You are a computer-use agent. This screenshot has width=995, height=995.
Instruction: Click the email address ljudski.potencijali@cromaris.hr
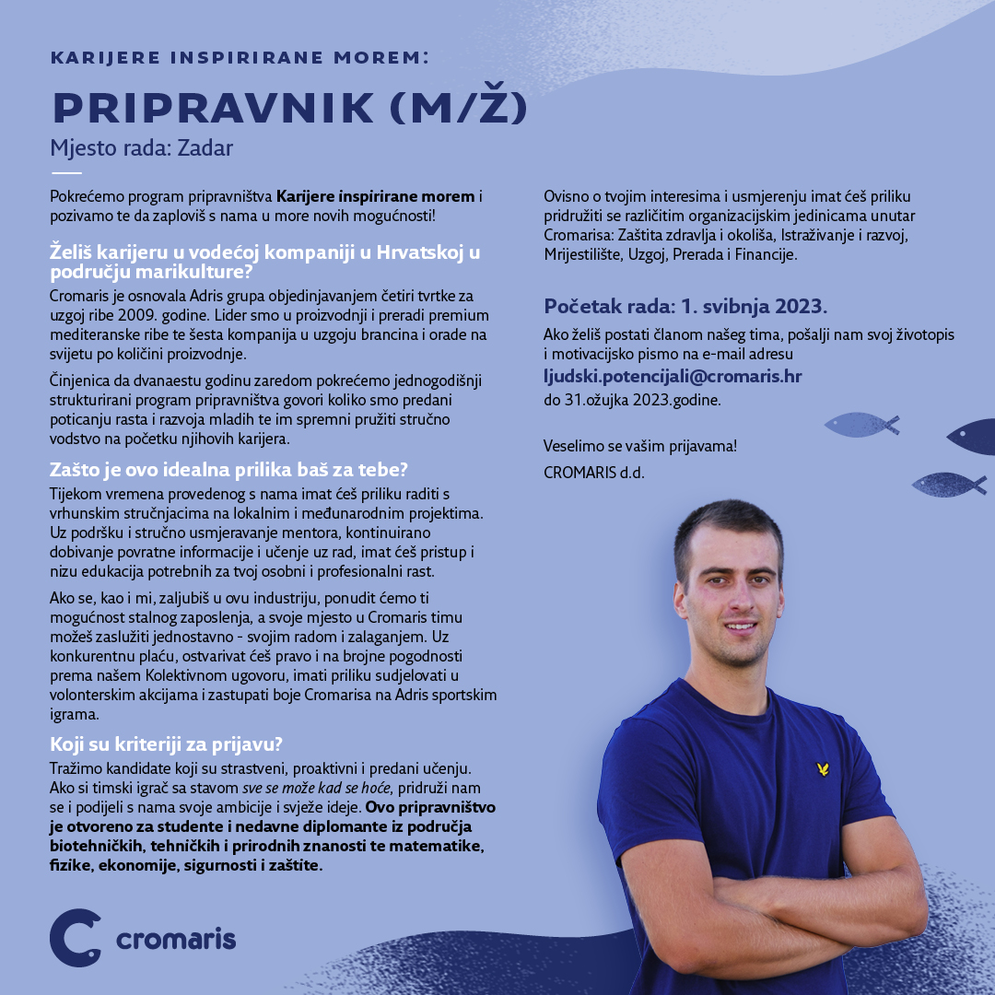[x=673, y=377]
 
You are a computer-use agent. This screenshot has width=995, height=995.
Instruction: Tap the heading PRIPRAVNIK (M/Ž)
[x=289, y=109]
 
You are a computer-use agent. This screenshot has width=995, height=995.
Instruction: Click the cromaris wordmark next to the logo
[x=176, y=940]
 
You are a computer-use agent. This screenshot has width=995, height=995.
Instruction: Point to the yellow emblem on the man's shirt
[x=823, y=768]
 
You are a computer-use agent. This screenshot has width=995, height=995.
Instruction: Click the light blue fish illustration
[x=860, y=425]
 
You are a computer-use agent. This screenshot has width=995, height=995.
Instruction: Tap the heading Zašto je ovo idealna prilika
[x=229, y=468]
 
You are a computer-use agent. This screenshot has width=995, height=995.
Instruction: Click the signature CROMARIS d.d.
[x=594, y=473]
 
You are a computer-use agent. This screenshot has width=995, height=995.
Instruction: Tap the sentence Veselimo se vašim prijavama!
[x=640, y=446]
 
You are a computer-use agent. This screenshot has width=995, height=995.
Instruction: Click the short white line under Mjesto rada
[x=66, y=173]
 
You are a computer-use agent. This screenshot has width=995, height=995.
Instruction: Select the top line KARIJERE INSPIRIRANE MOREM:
[x=240, y=58]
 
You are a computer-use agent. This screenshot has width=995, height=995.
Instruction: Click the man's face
[x=729, y=589]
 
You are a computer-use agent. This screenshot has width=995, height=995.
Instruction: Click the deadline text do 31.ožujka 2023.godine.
[x=632, y=400]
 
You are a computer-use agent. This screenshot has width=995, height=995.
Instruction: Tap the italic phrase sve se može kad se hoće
[x=317, y=789]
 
